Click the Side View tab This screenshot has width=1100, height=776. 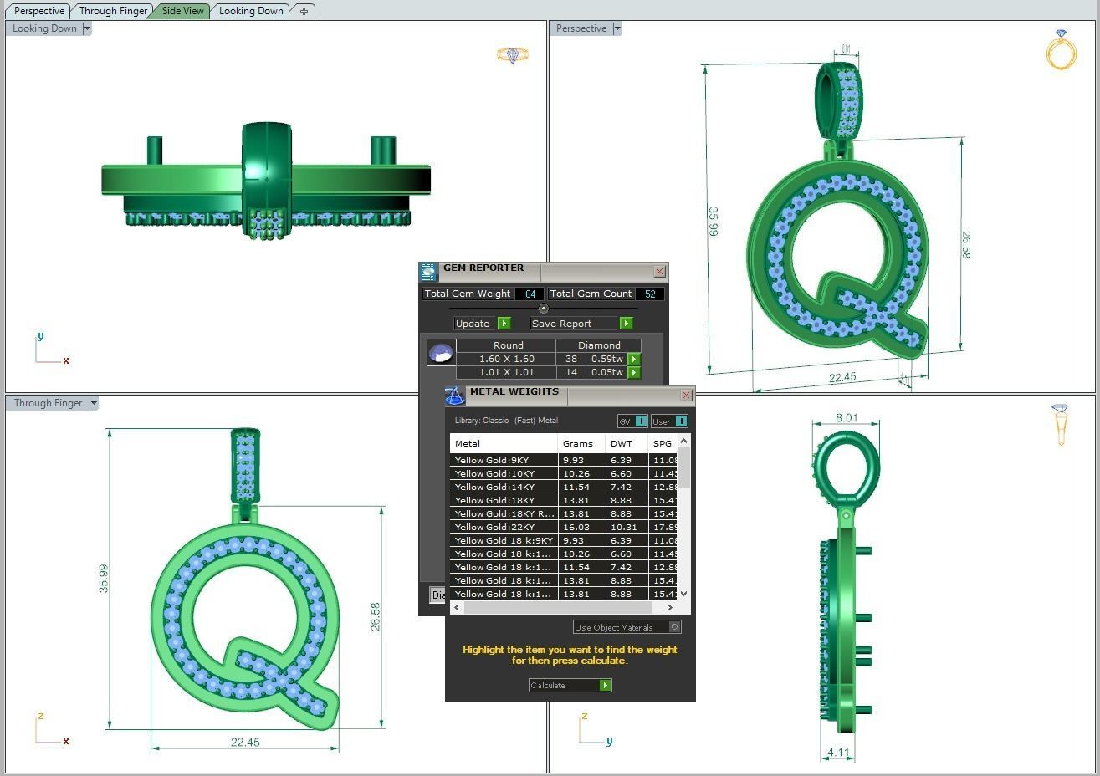pos(183,11)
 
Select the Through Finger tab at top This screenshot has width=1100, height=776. pos(113,11)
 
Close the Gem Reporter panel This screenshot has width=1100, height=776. pos(659,272)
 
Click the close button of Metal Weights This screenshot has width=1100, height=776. pos(686,395)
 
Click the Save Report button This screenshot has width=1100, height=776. pos(581,324)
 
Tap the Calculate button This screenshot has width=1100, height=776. pos(570,685)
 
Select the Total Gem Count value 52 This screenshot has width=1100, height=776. pos(650,294)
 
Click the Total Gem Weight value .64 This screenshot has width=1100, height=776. pos(530,294)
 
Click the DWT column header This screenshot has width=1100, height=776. pos(622,443)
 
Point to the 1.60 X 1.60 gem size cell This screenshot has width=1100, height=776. pos(506,359)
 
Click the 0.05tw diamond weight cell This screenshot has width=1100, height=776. pos(606,372)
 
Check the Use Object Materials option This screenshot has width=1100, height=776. pos(675,626)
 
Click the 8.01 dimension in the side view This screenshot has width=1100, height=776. pos(846,417)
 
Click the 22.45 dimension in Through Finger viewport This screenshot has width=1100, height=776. pos(244,742)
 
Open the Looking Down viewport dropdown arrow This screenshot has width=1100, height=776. pos(87,28)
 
